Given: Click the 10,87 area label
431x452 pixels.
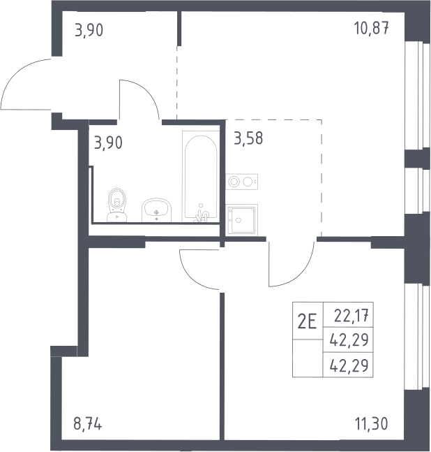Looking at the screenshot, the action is click(x=372, y=29).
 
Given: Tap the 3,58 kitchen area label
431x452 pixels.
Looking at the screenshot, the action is click(x=248, y=138).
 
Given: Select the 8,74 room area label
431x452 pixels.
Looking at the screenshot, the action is click(x=87, y=424).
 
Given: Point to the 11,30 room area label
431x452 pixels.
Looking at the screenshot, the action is click(x=372, y=424).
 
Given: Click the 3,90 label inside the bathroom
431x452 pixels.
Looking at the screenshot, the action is click(x=108, y=143).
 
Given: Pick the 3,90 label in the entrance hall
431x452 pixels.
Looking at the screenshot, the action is click(x=89, y=30).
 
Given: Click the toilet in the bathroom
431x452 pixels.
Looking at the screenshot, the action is click(x=116, y=205).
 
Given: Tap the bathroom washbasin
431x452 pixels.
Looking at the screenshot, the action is click(x=156, y=210).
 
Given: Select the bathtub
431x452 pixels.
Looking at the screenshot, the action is click(x=200, y=177).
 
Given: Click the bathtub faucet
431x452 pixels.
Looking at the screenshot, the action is click(x=202, y=214).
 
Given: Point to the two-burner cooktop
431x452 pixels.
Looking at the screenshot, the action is click(x=242, y=182).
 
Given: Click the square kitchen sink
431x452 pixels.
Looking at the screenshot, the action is click(x=242, y=219).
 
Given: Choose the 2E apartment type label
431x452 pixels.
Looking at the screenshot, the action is click(x=307, y=321).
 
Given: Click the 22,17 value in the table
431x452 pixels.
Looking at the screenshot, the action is click(x=351, y=316).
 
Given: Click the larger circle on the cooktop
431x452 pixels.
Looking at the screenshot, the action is click(x=234, y=182).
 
